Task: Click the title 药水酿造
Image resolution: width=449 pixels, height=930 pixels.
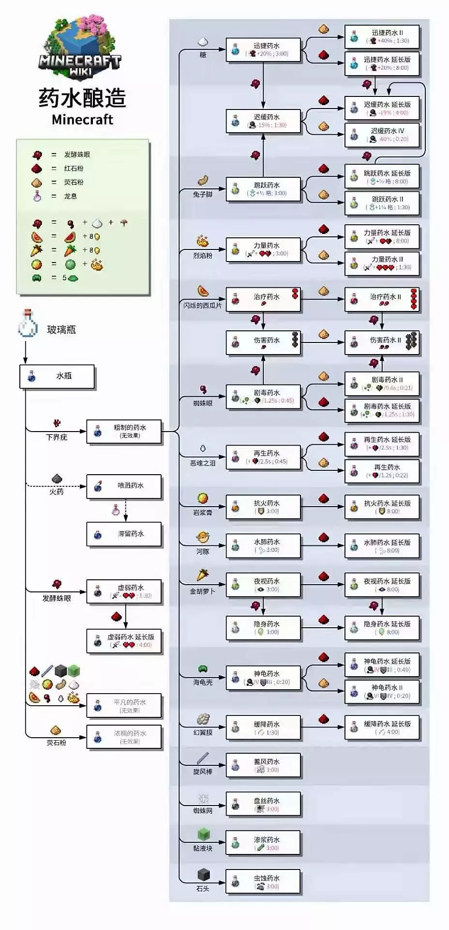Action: [x=82, y=98]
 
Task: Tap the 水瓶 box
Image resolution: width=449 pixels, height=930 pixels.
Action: [x=57, y=376]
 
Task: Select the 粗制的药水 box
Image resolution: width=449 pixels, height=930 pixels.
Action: [x=123, y=431]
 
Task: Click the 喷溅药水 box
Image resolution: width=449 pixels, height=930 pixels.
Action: [x=123, y=486]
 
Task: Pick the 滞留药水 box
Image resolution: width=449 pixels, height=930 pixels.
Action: [x=123, y=534]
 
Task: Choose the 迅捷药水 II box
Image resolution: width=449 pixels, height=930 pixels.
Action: [x=382, y=37]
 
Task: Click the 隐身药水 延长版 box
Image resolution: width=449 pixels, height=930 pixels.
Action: [x=382, y=628]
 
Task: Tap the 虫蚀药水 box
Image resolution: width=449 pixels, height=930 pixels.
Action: [x=263, y=882]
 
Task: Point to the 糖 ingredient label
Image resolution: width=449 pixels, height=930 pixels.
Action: [x=203, y=55]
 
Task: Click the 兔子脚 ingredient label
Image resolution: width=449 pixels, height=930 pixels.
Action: [x=203, y=194]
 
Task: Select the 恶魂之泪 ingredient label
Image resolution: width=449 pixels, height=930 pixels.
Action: [x=203, y=463]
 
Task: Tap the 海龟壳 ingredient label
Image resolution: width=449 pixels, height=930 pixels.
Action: [x=203, y=682]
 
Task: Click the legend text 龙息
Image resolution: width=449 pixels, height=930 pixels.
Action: [x=71, y=196]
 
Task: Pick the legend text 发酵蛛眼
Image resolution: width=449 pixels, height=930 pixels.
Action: [x=77, y=155]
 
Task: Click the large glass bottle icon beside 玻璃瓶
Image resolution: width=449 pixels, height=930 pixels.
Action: [x=28, y=324]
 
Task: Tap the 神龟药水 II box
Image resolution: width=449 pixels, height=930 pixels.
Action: [x=382, y=691]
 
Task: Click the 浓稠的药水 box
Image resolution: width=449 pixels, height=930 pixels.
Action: [x=123, y=737]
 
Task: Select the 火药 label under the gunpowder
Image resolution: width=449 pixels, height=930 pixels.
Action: [x=57, y=492]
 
